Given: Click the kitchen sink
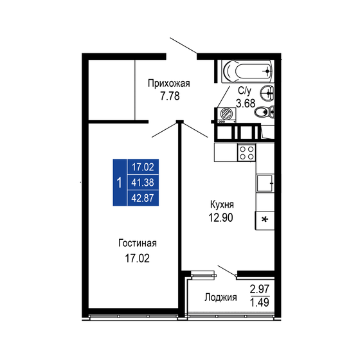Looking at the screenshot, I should point(265,184).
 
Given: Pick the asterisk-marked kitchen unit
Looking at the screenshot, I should point(265,220).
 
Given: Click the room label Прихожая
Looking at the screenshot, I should point(168,83).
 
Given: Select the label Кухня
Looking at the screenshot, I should point(221,204).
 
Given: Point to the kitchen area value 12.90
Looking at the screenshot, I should point(221,217).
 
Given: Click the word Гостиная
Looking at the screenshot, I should point(138,243).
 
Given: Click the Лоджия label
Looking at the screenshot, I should point(221,298).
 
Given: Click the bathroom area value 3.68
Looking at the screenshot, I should point(247,103).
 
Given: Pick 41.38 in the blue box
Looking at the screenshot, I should point(143,183).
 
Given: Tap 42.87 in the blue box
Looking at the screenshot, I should point(143,198).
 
